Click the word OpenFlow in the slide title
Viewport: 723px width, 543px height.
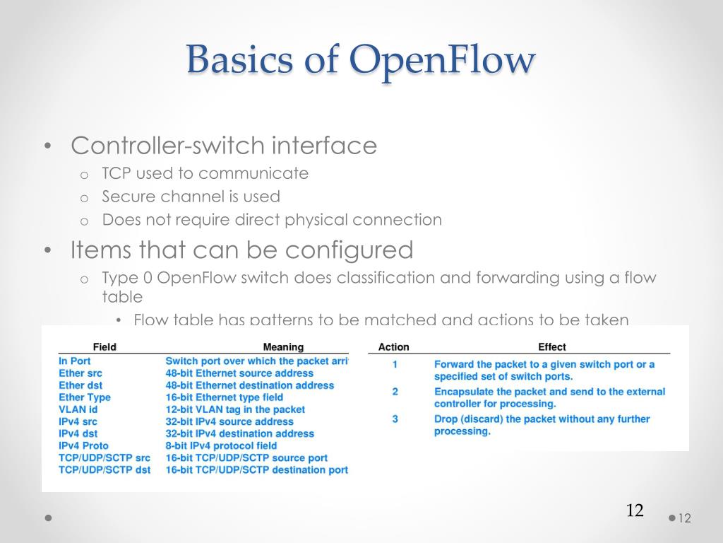[x=443, y=60]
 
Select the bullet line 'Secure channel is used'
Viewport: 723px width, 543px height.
[x=191, y=197]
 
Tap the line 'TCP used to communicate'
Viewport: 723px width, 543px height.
[x=205, y=173]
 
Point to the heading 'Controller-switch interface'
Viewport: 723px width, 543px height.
[x=224, y=146]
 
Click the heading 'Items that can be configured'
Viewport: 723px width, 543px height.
[x=241, y=250]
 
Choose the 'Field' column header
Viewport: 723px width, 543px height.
[x=104, y=347]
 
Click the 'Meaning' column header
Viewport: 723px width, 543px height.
[x=283, y=347]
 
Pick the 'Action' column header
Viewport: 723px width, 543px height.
[x=393, y=347]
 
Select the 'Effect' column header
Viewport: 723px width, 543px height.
[x=552, y=347]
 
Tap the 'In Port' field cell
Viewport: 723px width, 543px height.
[x=75, y=361]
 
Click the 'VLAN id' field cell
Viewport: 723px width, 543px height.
[x=78, y=409]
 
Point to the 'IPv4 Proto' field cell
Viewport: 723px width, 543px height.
[x=84, y=445]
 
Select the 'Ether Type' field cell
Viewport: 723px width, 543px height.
[x=85, y=397]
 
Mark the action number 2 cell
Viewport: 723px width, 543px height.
[x=395, y=392]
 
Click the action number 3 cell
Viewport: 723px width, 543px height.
[x=395, y=419]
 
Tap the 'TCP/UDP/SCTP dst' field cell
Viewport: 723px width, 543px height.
[x=104, y=470]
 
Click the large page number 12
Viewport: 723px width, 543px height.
[x=635, y=510]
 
